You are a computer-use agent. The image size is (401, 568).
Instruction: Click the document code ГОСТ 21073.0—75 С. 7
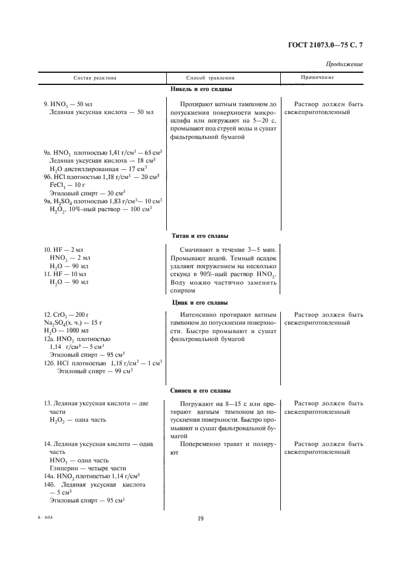click(328, 44)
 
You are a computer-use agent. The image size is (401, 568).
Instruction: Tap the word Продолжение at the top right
click(344, 64)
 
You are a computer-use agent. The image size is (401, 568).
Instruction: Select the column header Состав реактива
click(95, 78)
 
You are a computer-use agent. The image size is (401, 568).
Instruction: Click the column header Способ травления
click(210, 78)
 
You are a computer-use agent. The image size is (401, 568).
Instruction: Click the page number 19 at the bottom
click(200, 518)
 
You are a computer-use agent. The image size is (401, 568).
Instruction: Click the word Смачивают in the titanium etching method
click(200, 249)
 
